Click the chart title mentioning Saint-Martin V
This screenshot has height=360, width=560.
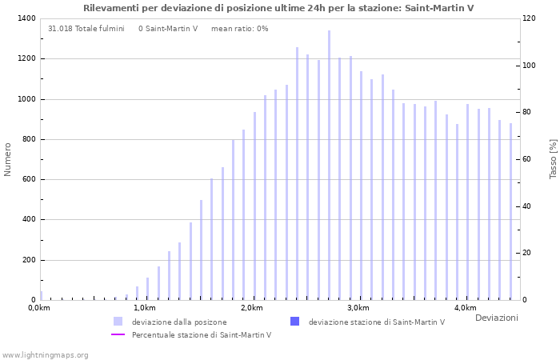pyautogui.click(x=278, y=8)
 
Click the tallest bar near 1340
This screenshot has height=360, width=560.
pyautogui.click(x=329, y=165)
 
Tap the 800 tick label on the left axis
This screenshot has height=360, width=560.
pyautogui.click(x=27, y=139)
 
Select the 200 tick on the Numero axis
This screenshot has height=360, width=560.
pyautogui.click(x=27, y=260)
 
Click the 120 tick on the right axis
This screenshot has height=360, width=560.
pyautogui.click(x=530, y=18)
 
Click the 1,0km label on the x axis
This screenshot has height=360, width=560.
pyautogui.click(x=144, y=308)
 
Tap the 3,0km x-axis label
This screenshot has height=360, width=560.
pyautogui.click(x=358, y=308)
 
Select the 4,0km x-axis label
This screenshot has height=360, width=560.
pyautogui.click(x=465, y=308)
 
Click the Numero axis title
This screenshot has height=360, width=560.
pyautogui.click(x=8, y=159)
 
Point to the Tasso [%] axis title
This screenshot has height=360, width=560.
pyautogui.click(x=553, y=159)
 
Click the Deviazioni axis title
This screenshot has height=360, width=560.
pyautogui.click(x=496, y=318)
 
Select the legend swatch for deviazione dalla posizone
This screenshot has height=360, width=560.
pyautogui.click(x=118, y=322)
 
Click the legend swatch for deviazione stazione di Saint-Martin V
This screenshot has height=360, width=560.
pyautogui.click(x=294, y=322)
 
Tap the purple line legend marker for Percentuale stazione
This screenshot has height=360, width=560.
pyautogui.click(x=118, y=334)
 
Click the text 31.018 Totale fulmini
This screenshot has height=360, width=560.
pyautogui.click(x=86, y=29)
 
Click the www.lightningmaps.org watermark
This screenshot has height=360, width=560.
pyautogui.click(x=46, y=354)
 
